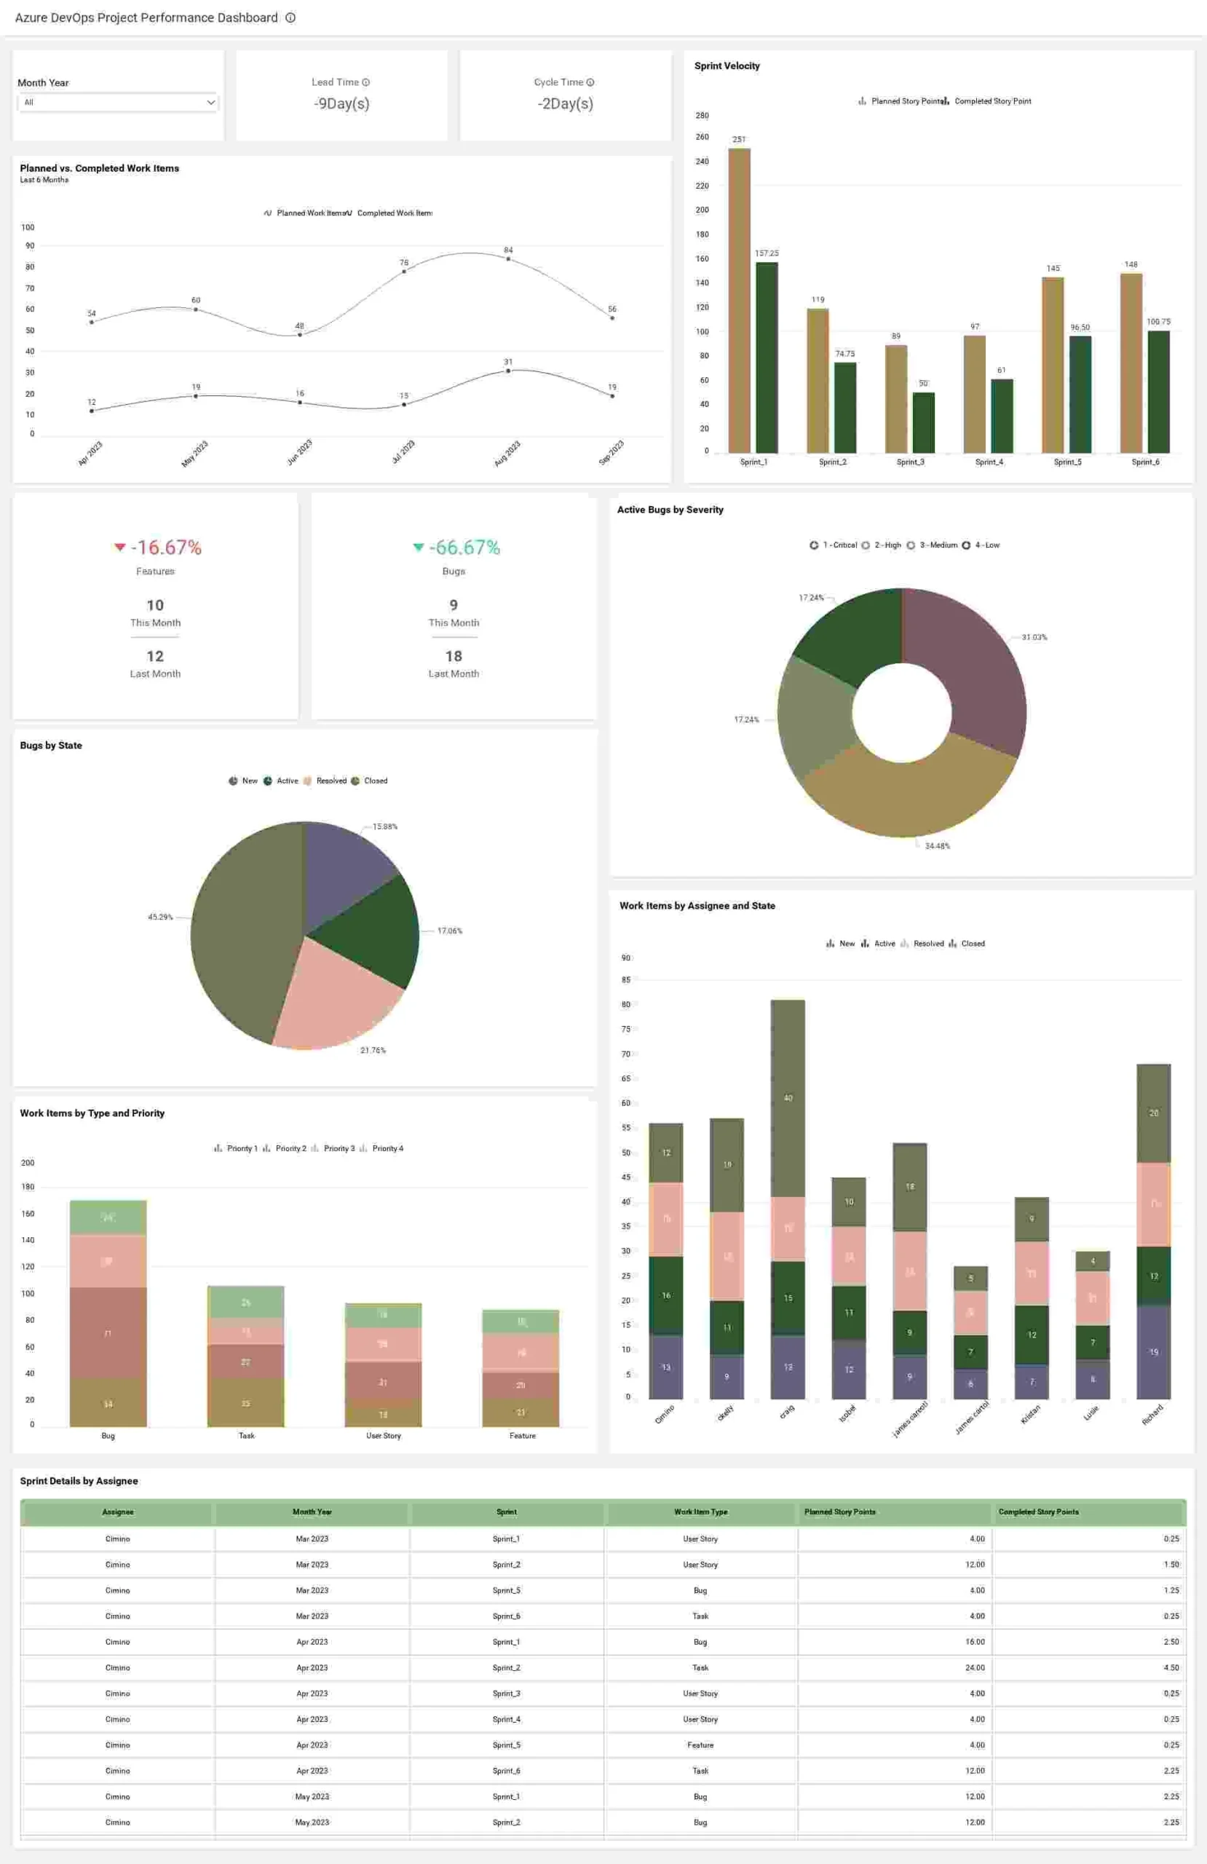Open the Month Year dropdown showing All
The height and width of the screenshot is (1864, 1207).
tap(117, 103)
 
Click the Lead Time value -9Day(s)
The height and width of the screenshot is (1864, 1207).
tap(341, 103)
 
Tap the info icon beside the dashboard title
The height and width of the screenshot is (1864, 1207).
tap(290, 18)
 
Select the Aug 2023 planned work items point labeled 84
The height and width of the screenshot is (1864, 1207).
tap(508, 258)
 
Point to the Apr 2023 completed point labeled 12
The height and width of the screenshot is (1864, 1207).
tap(92, 411)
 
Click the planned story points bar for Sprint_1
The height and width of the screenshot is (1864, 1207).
tap(739, 300)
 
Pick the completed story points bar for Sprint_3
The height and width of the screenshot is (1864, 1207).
tap(924, 422)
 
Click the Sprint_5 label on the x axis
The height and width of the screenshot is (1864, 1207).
tap(1066, 462)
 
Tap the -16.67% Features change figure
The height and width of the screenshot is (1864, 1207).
tap(165, 548)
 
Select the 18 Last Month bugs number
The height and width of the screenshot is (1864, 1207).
tap(454, 656)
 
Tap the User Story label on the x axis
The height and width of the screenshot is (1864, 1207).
tap(383, 1436)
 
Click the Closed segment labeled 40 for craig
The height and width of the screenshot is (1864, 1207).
tap(787, 1098)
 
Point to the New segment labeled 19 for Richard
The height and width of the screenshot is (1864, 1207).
tap(1153, 1352)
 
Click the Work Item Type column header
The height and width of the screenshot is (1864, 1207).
tap(700, 1512)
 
